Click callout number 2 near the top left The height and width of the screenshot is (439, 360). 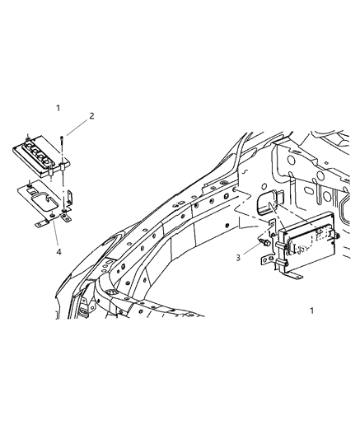coord(91,116)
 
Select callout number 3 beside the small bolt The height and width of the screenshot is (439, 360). coord(237,258)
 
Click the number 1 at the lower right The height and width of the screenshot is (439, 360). coord(311,311)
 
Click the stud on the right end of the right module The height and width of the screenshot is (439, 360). coord(338,238)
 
